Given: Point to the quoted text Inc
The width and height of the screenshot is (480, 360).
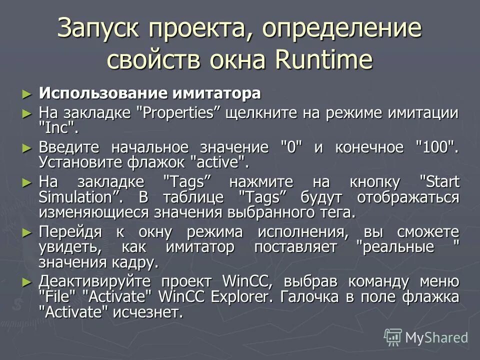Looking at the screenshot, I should click(x=58, y=127).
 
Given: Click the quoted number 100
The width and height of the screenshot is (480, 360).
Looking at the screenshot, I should click(x=437, y=148).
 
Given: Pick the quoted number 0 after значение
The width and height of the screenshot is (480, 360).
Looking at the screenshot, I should click(x=288, y=148).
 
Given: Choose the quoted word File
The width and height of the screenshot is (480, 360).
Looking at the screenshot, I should click(x=60, y=296).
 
